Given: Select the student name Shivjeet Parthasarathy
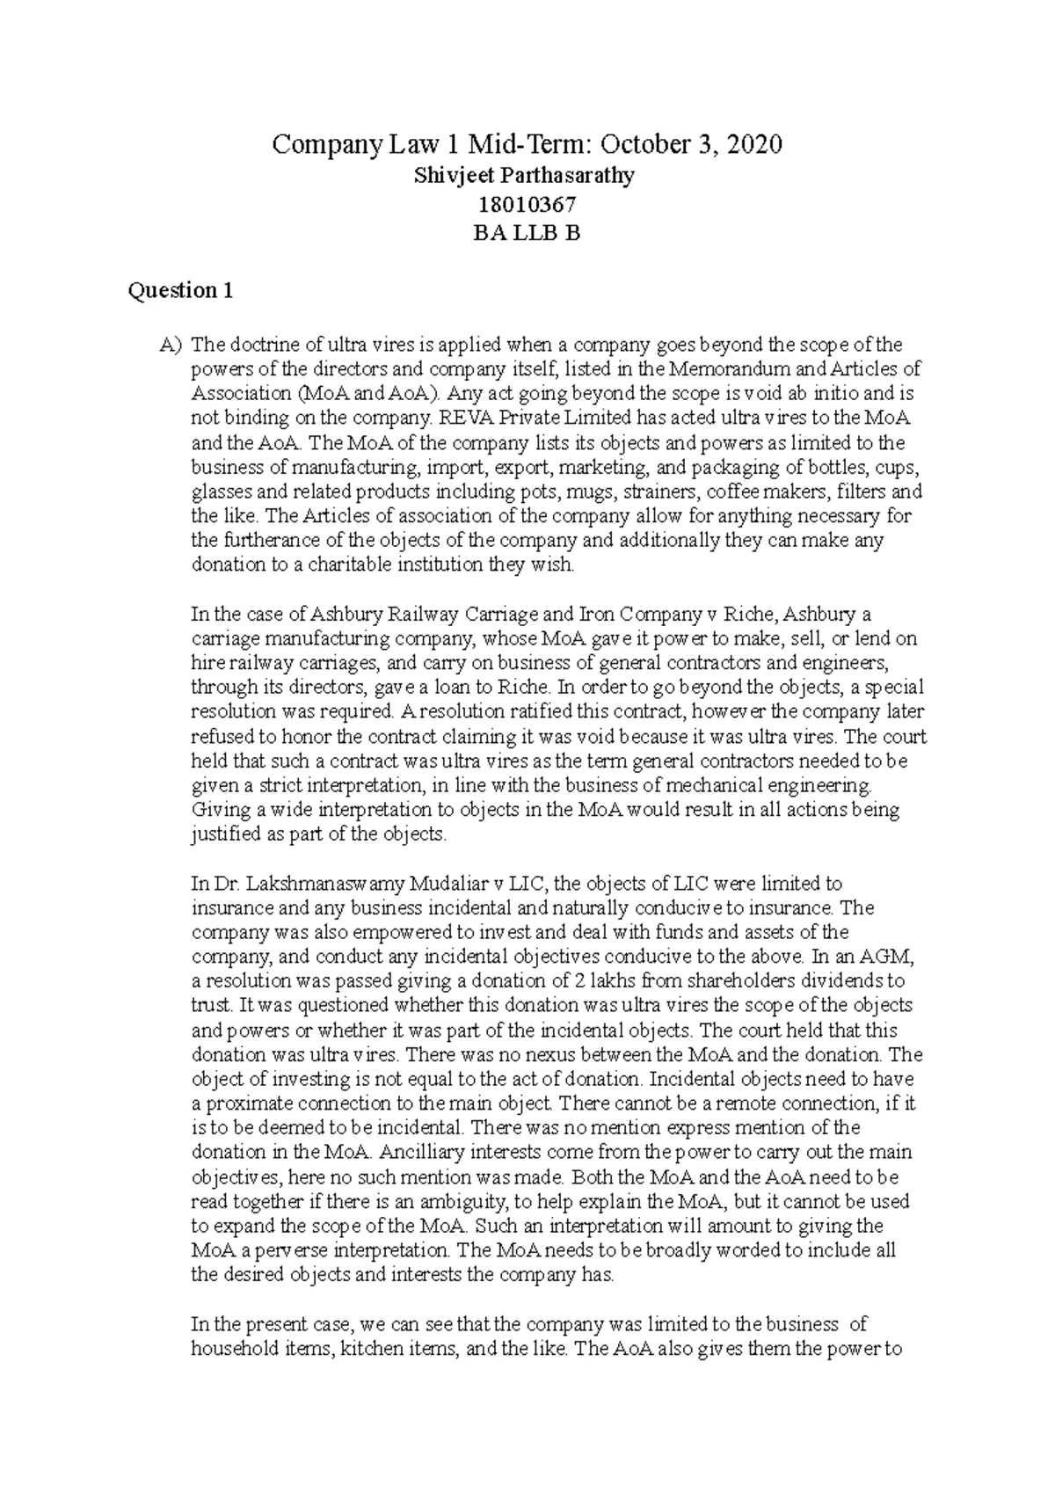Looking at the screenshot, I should point(524,175).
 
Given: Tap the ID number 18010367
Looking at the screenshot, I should point(526,205).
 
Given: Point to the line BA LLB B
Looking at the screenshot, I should point(526,234).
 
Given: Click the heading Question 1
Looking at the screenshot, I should point(180,291).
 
